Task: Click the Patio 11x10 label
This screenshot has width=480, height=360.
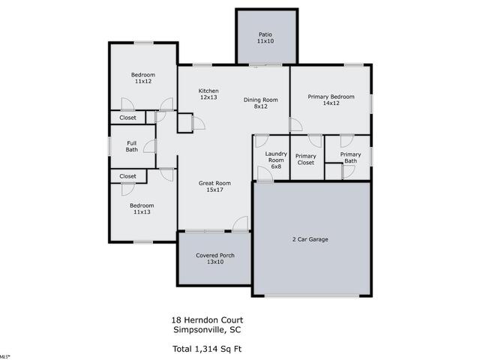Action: coord(265,37)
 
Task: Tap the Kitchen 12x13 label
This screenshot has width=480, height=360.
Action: coord(208,94)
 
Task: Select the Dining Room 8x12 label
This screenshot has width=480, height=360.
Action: coord(260,103)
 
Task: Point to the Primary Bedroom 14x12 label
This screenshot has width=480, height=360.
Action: coord(331,100)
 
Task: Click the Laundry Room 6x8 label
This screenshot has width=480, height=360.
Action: coord(276,160)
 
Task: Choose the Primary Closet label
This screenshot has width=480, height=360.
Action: coord(305,159)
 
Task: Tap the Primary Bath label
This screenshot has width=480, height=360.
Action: coord(350,157)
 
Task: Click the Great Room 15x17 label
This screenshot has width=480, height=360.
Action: coord(214,187)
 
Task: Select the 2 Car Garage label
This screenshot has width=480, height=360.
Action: coord(310,239)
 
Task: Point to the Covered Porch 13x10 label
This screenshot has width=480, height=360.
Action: coord(215,258)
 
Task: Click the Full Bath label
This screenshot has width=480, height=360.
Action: coord(132,146)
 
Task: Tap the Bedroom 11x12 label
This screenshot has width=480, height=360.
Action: coord(143,78)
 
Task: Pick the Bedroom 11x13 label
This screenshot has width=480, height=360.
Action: coord(142,208)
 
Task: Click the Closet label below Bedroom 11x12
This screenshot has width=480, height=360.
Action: coord(127,118)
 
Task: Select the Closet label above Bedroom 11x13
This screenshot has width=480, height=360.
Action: coord(127,176)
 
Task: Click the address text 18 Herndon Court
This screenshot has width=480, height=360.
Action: coord(207,320)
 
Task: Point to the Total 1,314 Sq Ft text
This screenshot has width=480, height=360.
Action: coord(207,349)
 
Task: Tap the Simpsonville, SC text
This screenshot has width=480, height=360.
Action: coord(207,330)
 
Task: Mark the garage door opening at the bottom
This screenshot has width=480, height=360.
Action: coord(312,296)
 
